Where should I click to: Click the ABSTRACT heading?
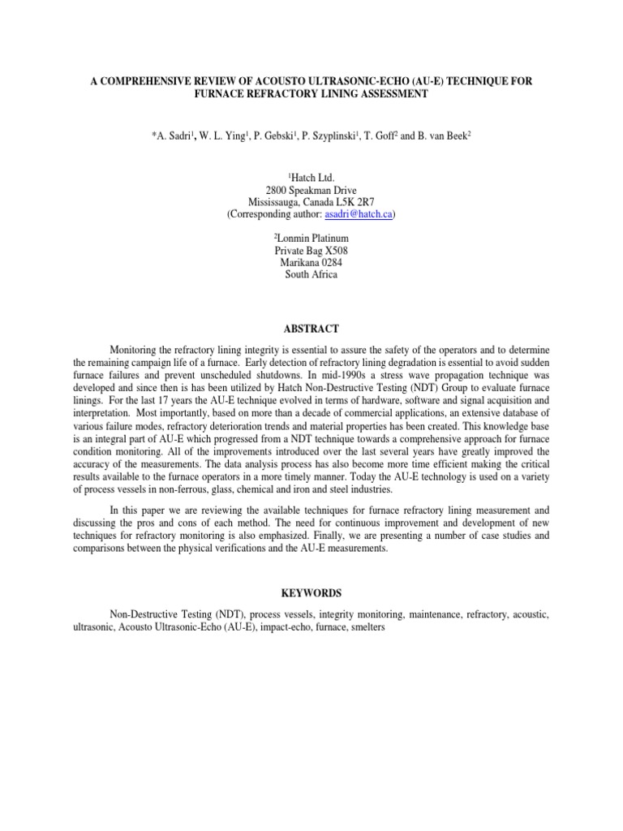point(311,329)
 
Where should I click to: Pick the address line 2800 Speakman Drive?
point(311,189)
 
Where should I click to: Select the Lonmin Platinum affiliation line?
point(311,239)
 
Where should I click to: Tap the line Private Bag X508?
point(311,251)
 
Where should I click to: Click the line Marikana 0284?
point(311,263)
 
